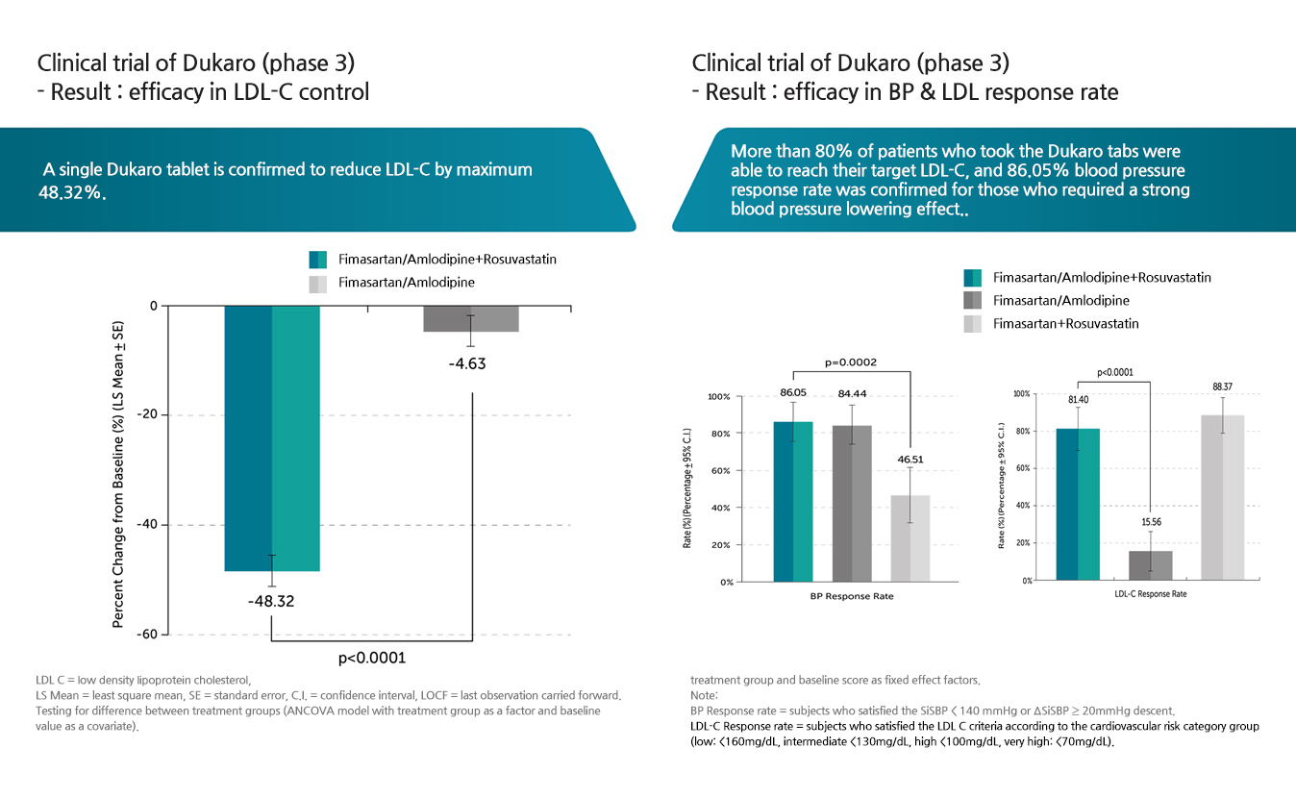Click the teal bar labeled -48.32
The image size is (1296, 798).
[272, 438]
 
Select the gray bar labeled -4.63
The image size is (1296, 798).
[471, 319]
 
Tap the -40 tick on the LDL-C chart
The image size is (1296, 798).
[148, 525]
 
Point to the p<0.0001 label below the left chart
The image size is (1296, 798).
[372, 659]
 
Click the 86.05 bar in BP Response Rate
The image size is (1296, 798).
[793, 501]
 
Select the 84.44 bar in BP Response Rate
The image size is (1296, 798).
[852, 503]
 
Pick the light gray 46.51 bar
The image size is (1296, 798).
[910, 537]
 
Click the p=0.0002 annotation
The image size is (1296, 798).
[852, 363]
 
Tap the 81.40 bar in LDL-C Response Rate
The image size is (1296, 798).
[1077, 504]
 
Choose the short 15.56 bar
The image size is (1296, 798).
[1149, 565]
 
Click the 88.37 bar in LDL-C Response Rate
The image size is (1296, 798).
[1222, 497]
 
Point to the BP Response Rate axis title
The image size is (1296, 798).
[852, 596]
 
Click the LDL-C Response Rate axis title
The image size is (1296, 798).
[1150, 594]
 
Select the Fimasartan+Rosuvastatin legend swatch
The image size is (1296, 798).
[973, 324]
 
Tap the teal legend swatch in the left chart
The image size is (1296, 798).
[318, 260]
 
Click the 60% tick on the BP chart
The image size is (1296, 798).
[720, 470]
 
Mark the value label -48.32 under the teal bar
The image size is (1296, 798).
[271, 602]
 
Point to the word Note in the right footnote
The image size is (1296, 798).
[704, 694]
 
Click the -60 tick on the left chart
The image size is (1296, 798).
[148, 635]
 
